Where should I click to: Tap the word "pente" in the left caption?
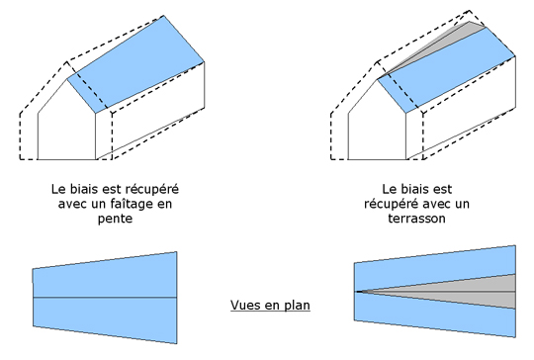coord(115,219)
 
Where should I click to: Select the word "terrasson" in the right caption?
coord(417,219)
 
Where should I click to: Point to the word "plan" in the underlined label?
coord(297,306)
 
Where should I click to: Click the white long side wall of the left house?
coord(150,113)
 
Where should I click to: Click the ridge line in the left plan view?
coord(105,298)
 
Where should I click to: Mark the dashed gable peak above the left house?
coord(67,62)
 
